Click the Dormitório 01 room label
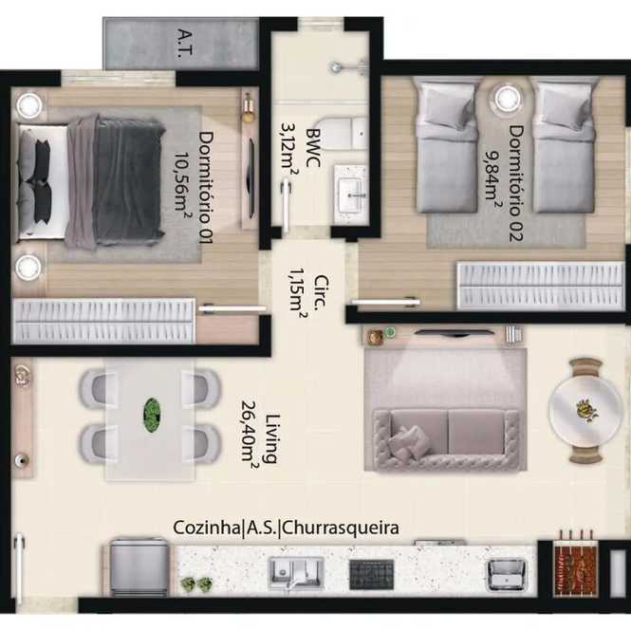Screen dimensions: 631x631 point(205,188)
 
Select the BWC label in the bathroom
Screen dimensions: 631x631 point(313,148)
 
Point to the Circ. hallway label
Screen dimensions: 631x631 point(321,292)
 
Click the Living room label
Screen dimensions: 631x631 point(272,438)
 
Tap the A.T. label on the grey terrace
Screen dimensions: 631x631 point(186,44)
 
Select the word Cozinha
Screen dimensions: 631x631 point(207,528)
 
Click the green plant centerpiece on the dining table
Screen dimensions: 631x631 point(152,416)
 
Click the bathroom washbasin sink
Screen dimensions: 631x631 point(351,195)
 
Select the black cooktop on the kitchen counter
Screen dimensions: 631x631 point(371,574)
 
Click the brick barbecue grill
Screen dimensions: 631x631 point(576,568)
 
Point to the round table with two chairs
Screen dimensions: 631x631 point(585,411)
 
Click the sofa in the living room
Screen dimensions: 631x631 point(446,439)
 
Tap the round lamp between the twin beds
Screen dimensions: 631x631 point(507,98)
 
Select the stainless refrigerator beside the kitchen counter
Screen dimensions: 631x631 point(139,567)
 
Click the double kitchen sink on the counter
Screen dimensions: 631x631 point(296,572)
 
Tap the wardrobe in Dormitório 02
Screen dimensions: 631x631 point(541,287)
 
